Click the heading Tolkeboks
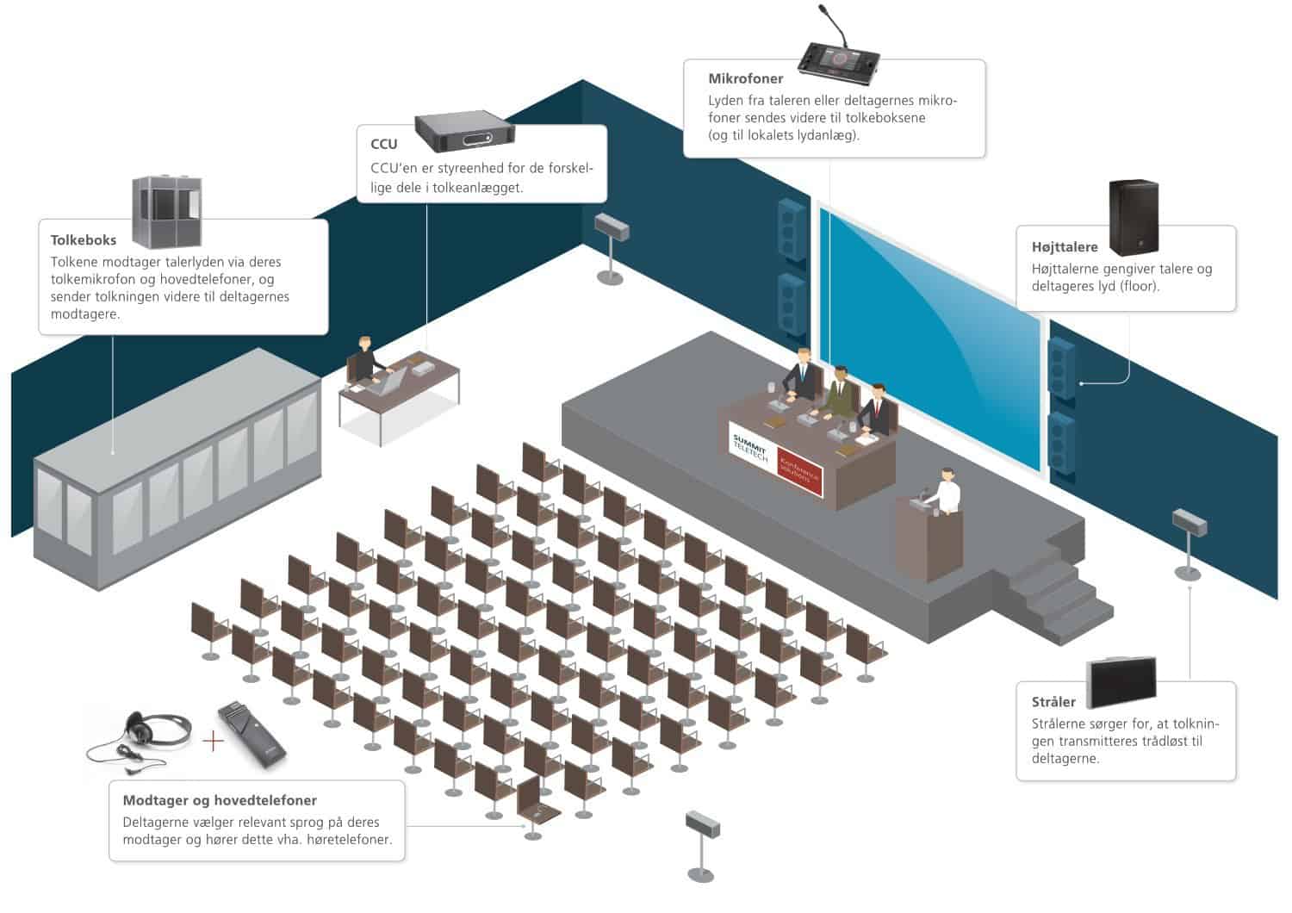point(84,240)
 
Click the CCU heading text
point(384,144)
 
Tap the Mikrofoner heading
point(746,78)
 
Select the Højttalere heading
point(1065,247)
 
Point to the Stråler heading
point(1053,702)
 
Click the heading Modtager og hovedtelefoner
point(220,800)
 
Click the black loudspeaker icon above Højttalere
point(1133,217)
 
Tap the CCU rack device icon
point(464,131)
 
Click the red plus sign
point(213,741)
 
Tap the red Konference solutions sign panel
point(800,472)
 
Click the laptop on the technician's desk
point(389,380)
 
